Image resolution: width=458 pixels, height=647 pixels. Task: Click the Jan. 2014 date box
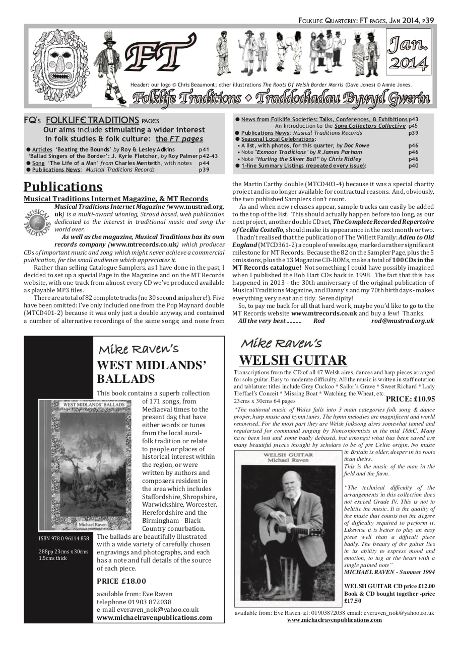(x=408, y=54)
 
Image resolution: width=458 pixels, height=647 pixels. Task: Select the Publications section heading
(x=63, y=187)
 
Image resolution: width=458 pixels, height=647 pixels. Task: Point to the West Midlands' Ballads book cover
(x=85, y=464)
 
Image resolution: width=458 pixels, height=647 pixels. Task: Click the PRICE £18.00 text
(x=121, y=581)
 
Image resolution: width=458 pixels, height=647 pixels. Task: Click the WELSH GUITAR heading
(x=293, y=360)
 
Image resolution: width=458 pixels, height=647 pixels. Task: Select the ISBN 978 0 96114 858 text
(x=64, y=539)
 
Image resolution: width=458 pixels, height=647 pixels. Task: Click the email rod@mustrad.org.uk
(x=402, y=320)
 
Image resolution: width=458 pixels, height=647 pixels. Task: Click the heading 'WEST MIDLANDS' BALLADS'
(x=151, y=372)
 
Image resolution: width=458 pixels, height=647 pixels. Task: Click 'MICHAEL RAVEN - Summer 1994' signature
(x=388, y=572)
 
